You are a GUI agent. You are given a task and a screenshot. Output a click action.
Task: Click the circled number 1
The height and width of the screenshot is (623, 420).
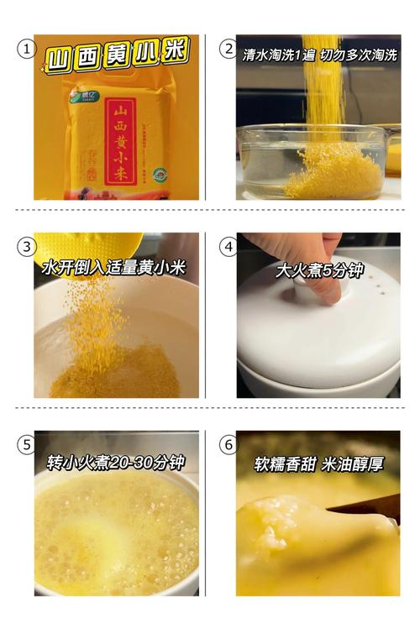tap(26, 49)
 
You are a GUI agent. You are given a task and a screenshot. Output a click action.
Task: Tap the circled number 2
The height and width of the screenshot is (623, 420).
tap(228, 49)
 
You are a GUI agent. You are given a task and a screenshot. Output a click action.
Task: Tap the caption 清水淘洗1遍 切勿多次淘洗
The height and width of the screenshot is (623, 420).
tap(320, 55)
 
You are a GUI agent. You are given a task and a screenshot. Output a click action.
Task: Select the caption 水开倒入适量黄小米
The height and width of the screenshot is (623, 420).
tap(113, 268)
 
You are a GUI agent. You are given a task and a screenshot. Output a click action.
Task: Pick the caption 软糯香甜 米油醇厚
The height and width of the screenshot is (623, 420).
tap(319, 464)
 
